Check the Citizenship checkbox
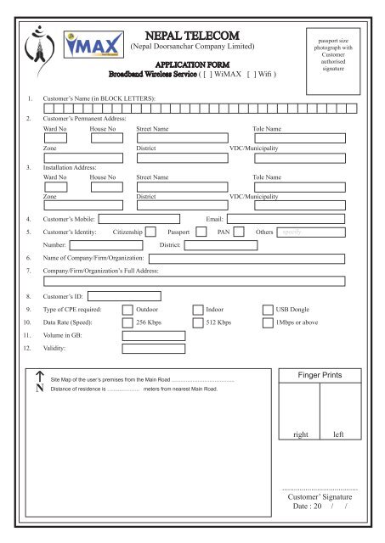click(x=150, y=230)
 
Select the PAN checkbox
click(x=239, y=230)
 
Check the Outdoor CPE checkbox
click(x=127, y=310)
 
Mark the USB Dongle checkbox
click(x=269, y=310)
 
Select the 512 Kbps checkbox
click(x=199, y=322)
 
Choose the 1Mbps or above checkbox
click(x=269, y=322)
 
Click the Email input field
click(x=285, y=218)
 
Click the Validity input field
click(x=154, y=348)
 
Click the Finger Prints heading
click(x=320, y=374)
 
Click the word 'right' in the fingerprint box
click(x=300, y=434)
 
